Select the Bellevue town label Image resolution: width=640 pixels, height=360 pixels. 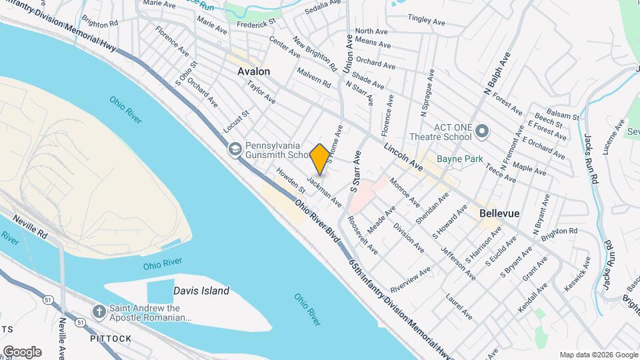click(x=499, y=214)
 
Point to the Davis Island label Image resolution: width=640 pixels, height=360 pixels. click(x=201, y=291)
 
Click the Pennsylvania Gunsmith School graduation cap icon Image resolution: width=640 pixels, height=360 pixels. click(x=234, y=149)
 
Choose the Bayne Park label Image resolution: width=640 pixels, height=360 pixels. click(x=458, y=159)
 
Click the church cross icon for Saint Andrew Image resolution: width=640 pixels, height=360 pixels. click(x=99, y=311)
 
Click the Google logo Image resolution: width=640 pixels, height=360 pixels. click(x=22, y=352)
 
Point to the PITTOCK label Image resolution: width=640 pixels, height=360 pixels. click(x=111, y=339)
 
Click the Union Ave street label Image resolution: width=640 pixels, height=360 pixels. click(x=347, y=55)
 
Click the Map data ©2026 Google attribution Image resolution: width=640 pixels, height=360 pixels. click(x=598, y=355)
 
